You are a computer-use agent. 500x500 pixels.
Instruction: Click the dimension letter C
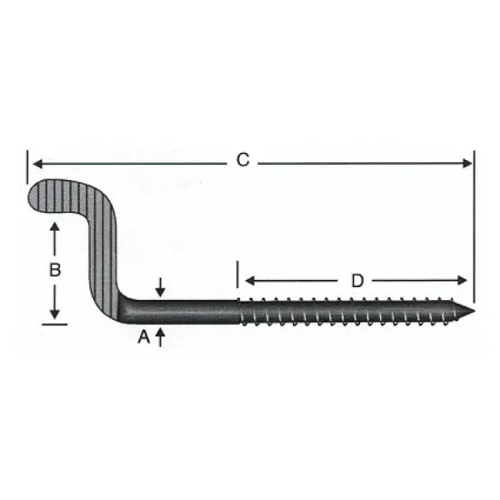[243, 161]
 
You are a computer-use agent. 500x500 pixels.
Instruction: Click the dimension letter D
[357, 281]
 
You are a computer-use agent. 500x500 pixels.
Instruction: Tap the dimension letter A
[144, 337]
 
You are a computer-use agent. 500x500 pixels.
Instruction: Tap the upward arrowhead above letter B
[54, 227]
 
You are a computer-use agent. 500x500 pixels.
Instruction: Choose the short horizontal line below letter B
[54, 324]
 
